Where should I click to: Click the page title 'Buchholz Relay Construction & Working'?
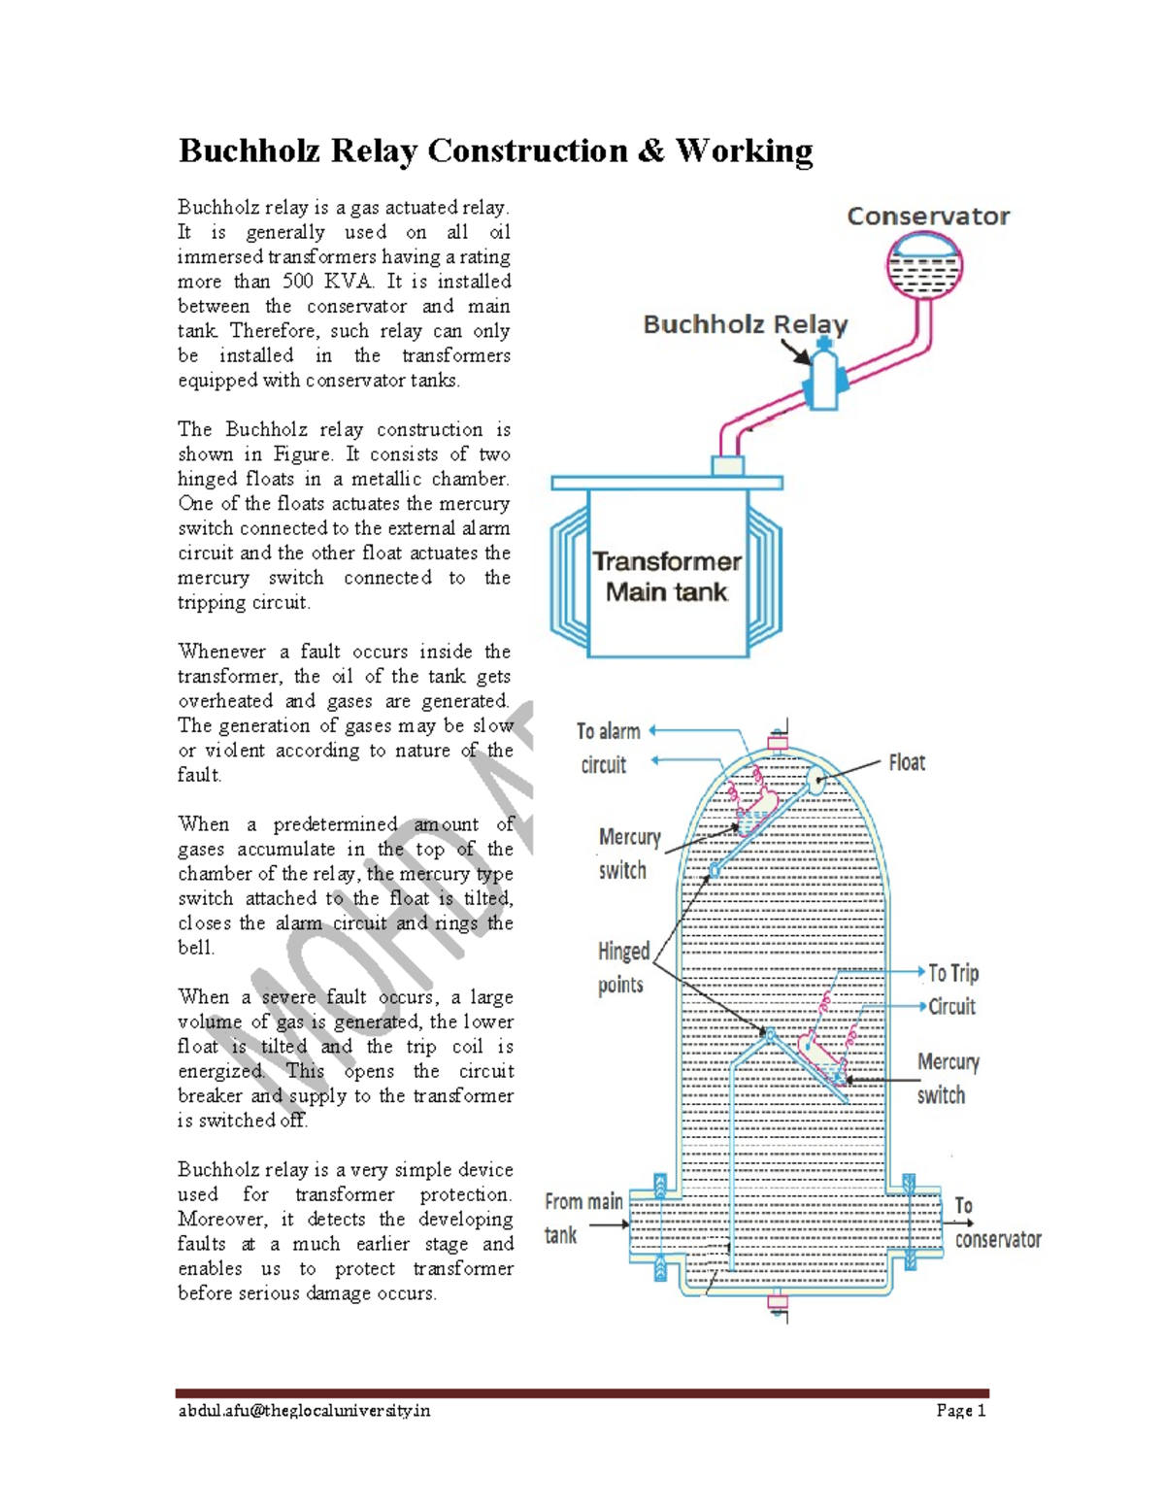tap(495, 151)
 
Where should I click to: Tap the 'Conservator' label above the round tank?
tap(927, 217)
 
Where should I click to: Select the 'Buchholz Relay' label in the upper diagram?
tap(745, 324)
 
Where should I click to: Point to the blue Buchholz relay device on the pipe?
tap(823, 381)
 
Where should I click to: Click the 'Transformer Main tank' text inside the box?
tap(666, 577)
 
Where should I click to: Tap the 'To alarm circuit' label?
tap(608, 748)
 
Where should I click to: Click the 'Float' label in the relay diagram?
tap(907, 763)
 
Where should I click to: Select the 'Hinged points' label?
tap(622, 967)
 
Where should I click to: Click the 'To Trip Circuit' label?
tap(952, 989)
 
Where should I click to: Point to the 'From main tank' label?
tap(582, 1218)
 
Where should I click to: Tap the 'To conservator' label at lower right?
tap(996, 1223)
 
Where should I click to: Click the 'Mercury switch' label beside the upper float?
tap(628, 854)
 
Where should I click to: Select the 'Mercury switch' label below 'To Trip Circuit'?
tap(948, 1078)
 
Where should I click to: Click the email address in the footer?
tap(304, 1411)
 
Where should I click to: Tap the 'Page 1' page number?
tap(960, 1411)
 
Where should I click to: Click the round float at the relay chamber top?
tap(815, 779)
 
